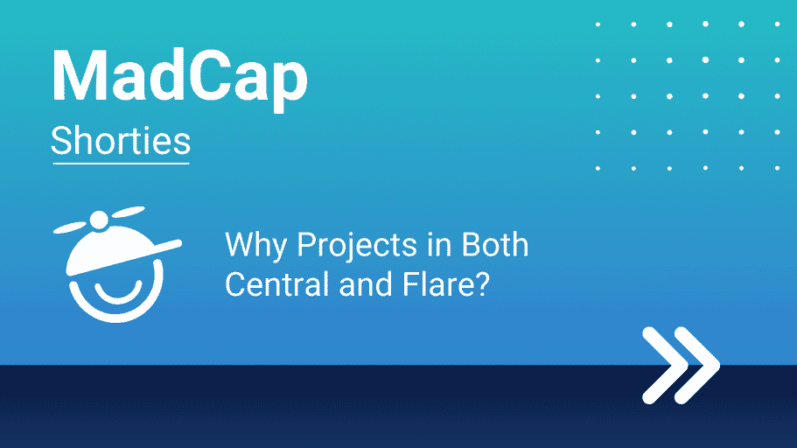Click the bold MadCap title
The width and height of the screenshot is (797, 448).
tap(179, 79)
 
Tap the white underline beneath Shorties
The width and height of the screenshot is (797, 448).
tap(121, 164)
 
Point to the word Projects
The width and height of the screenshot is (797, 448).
tap(357, 246)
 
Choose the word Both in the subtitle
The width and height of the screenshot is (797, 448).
tap(494, 245)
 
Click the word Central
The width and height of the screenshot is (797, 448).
tap(277, 283)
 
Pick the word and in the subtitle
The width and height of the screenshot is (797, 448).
tap(366, 283)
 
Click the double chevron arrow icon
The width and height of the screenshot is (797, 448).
tap(682, 366)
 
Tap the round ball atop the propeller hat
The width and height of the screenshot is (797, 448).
tap(99, 220)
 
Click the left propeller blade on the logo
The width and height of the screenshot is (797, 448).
tap(70, 227)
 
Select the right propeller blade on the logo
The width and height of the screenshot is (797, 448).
tap(128, 212)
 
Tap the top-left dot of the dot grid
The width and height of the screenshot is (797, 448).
tap(598, 24)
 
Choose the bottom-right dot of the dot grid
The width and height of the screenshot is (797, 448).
tap(777, 168)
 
